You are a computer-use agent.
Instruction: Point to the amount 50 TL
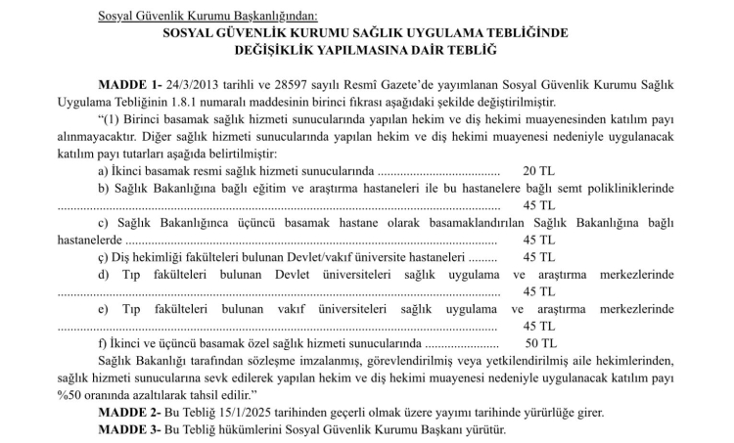(x=540, y=343)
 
